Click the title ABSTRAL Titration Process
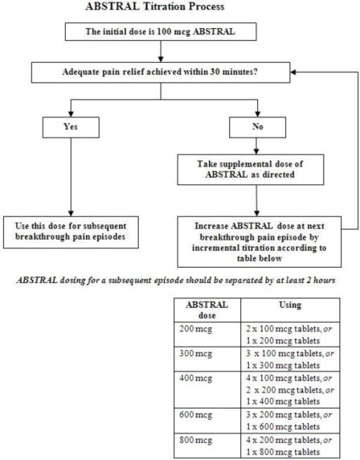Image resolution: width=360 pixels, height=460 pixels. tap(155, 6)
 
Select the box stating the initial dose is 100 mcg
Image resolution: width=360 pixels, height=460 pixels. tap(161, 31)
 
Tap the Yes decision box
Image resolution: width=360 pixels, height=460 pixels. tap(71, 127)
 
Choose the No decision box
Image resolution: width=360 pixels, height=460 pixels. tap(257, 127)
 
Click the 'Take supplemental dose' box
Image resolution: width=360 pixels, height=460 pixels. tap(251, 170)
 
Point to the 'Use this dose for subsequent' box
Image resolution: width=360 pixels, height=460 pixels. tap(71, 232)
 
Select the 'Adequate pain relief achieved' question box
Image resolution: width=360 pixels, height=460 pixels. tap(161, 72)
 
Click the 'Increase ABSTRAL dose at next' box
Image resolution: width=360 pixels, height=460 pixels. tap(260, 242)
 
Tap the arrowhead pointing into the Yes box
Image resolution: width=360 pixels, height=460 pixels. tap(71, 114)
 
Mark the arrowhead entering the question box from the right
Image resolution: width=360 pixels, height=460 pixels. tap(293, 72)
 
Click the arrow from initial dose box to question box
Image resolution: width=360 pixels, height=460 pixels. tap(161, 51)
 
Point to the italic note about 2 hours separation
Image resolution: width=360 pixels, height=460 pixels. tap(176, 280)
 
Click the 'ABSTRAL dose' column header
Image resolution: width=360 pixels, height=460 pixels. tap(207, 310)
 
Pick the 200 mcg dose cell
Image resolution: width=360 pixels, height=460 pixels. tap(207, 335)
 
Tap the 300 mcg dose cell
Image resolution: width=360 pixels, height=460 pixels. tap(207, 359)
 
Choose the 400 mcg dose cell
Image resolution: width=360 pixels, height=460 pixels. tap(207, 389)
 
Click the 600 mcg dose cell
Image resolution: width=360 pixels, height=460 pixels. tap(207, 421)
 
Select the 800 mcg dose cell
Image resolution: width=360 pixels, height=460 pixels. tap(207, 446)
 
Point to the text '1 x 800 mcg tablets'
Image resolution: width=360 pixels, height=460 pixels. tap(283, 452)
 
